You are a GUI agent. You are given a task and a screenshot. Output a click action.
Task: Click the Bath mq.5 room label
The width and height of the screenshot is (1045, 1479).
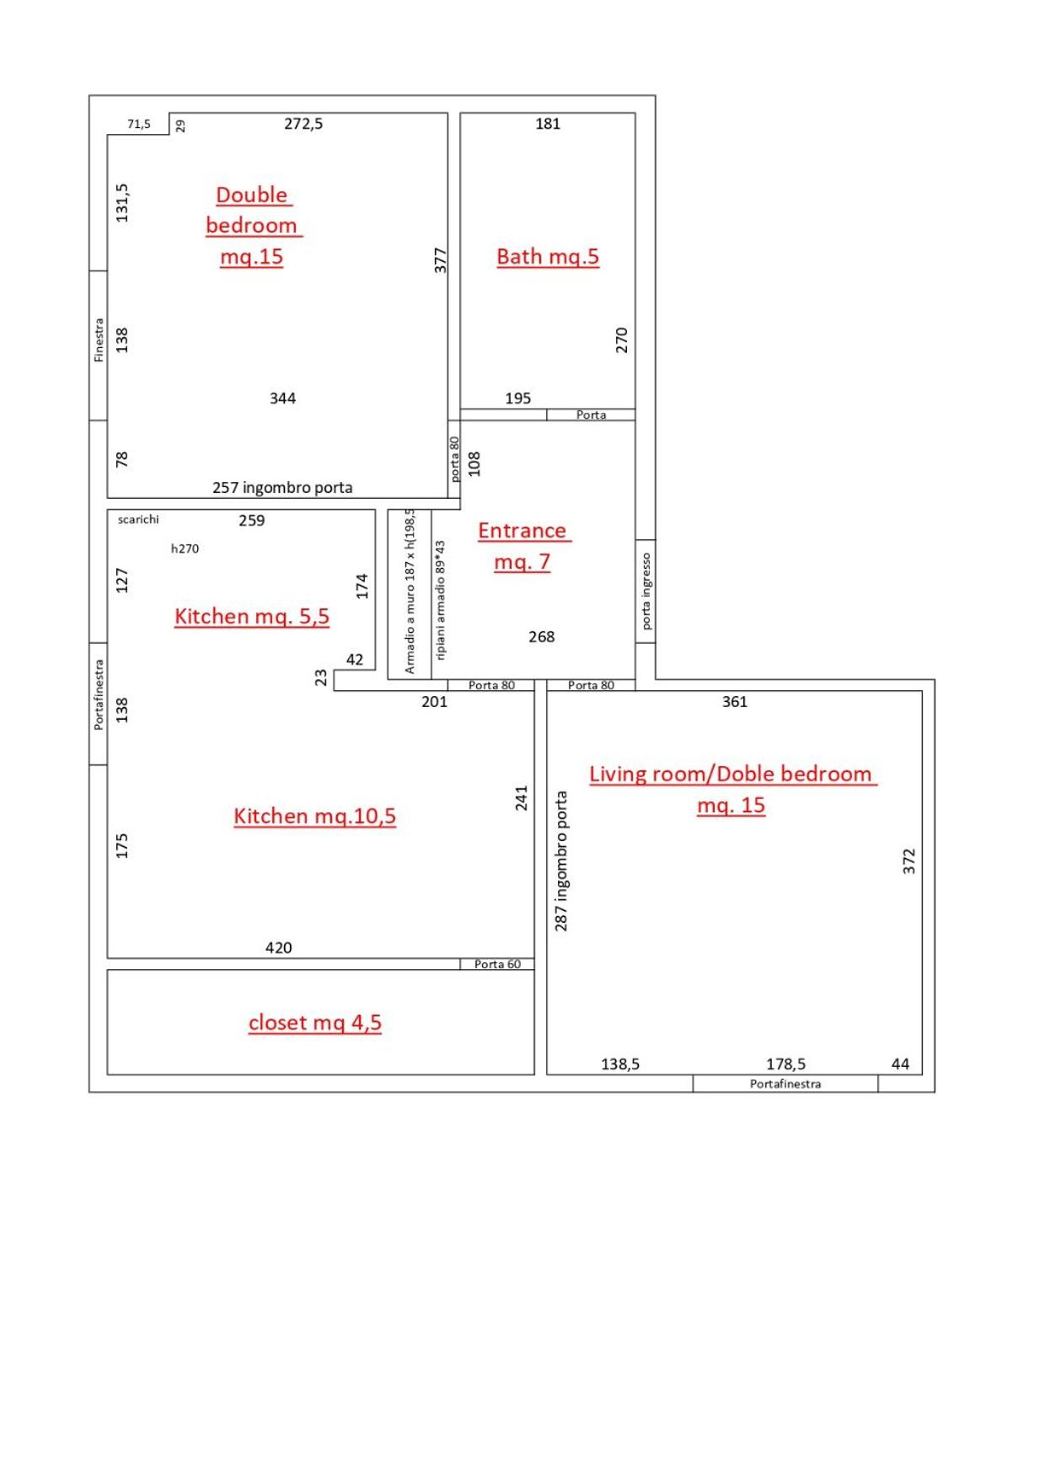tap(548, 256)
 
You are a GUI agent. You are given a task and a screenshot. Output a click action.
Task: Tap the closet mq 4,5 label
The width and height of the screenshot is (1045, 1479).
tap(315, 1022)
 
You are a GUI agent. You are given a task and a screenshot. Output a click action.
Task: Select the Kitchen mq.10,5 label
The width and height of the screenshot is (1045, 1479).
tap(314, 816)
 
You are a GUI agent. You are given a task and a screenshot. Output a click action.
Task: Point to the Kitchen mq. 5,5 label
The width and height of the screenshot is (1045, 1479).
tap(252, 616)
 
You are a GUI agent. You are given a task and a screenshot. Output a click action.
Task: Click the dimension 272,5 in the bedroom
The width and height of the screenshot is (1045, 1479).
tap(303, 124)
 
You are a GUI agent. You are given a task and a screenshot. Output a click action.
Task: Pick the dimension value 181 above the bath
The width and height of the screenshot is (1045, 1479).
tap(548, 124)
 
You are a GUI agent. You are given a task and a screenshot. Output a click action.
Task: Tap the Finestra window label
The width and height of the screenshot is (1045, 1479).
tap(99, 340)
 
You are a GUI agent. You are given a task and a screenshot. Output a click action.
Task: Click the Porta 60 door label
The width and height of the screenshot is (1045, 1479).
tap(497, 964)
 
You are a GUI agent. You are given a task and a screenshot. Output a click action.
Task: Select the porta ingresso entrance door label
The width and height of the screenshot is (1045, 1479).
tap(646, 591)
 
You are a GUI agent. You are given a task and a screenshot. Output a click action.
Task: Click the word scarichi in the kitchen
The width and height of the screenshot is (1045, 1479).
tap(138, 519)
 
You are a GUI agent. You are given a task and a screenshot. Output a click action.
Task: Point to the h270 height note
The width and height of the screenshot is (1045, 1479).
tap(185, 549)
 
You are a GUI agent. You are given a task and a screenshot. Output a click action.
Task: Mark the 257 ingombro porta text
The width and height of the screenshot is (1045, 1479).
tap(282, 488)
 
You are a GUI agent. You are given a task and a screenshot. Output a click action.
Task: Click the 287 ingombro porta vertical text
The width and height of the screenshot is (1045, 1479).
tap(561, 860)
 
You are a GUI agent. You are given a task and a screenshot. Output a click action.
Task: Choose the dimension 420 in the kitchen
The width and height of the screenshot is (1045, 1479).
tap(279, 948)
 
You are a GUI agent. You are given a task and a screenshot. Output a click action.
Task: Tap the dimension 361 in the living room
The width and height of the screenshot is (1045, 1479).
tap(735, 702)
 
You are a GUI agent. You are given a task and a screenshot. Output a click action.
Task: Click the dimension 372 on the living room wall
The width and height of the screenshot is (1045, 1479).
tap(908, 861)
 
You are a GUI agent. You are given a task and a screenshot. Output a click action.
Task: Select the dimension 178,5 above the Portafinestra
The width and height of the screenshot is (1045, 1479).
tap(785, 1064)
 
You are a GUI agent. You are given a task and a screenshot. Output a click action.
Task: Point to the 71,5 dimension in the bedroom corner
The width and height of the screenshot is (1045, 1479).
tap(139, 124)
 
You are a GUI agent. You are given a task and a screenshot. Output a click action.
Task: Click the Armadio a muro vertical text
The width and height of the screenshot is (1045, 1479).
tap(410, 591)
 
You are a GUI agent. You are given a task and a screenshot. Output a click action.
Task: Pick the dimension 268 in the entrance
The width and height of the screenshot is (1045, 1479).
tap(542, 637)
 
